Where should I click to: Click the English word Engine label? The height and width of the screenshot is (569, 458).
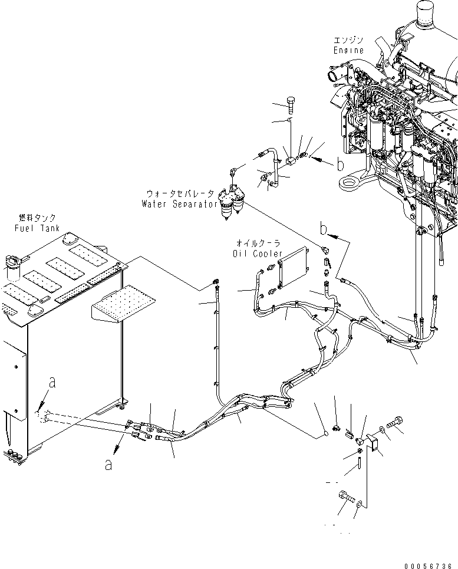(348, 50)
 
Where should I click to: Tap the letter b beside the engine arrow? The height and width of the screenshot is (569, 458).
(340, 165)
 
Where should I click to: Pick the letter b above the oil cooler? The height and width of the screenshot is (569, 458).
(323, 227)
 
